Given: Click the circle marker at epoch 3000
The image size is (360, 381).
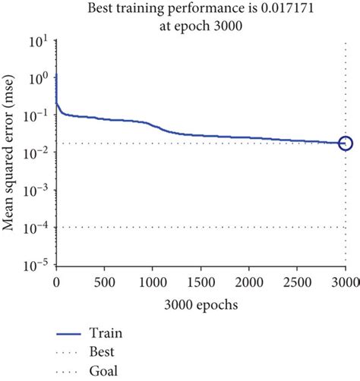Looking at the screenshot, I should coord(346,143).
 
